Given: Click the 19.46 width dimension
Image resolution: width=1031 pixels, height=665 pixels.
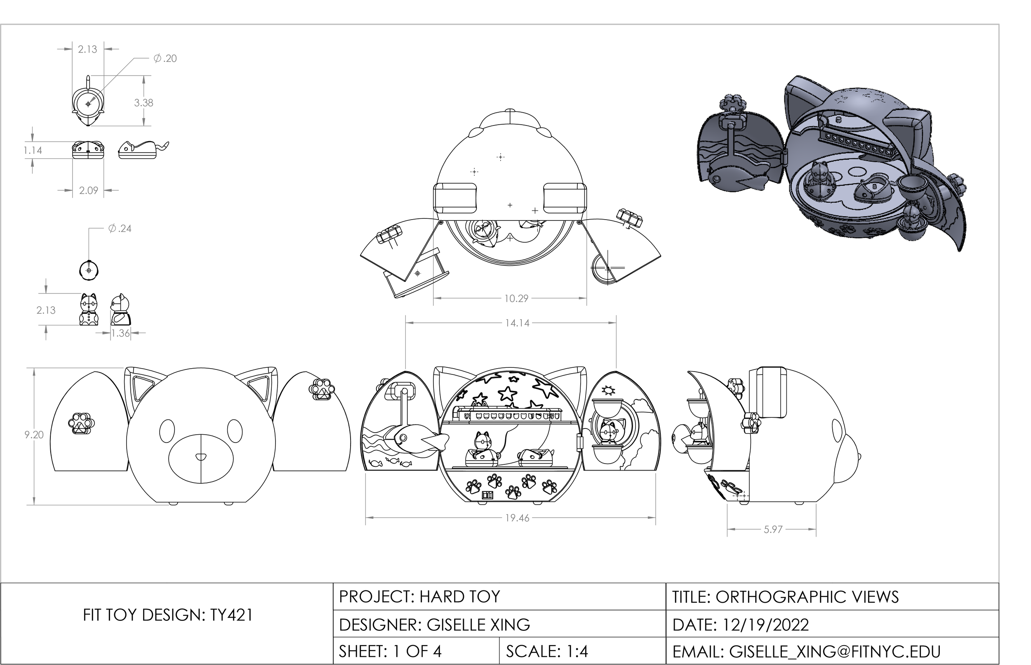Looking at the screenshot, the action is pyautogui.click(x=517, y=518).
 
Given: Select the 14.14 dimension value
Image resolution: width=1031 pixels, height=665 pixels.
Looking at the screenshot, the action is pyautogui.click(x=517, y=323).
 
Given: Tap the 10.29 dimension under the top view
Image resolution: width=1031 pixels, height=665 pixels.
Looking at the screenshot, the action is pyautogui.click(x=516, y=298).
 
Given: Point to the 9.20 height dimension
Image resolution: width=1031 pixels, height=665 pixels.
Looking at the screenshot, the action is pyautogui.click(x=34, y=435).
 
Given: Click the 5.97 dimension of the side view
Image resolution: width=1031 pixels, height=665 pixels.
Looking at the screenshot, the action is pyautogui.click(x=773, y=530).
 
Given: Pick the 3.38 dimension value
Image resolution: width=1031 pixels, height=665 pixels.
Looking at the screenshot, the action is pyautogui.click(x=144, y=103).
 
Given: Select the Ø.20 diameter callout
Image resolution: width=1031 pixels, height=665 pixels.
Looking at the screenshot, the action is pyautogui.click(x=165, y=58).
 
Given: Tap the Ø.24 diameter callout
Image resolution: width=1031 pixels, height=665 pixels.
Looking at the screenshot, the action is pyautogui.click(x=120, y=228).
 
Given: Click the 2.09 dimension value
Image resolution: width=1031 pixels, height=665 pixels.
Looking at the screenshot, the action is pyautogui.click(x=88, y=190).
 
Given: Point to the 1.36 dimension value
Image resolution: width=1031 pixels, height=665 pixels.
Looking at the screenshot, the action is pyautogui.click(x=120, y=334).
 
